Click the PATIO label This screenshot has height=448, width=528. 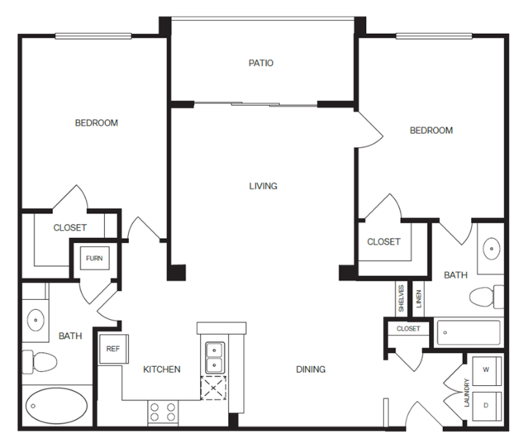[261, 63]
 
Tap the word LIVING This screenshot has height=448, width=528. [264, 186]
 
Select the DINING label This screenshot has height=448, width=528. [311, 369]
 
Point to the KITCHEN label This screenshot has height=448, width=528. [162, 369]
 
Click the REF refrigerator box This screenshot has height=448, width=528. [113, 349]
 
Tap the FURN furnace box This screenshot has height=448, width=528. [95, 259]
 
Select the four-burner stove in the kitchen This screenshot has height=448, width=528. [163, 412]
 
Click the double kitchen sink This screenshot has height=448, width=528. [215, 358]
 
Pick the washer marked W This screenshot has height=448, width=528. [487, 370]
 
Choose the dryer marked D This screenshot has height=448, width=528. [487, 406]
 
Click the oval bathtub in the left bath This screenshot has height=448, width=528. [56, 406]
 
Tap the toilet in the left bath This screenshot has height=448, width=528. [40, 362]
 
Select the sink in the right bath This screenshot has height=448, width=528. [492, 249]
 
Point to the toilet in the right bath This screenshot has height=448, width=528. [487, 297]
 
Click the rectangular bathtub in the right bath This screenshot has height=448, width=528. [469, 332]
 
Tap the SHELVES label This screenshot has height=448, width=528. [401, 298]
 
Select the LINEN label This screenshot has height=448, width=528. [419, 298]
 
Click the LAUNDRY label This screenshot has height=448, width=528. [467, 393]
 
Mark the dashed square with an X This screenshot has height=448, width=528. [213, 388]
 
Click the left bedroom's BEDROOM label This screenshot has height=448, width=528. [97, 123]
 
